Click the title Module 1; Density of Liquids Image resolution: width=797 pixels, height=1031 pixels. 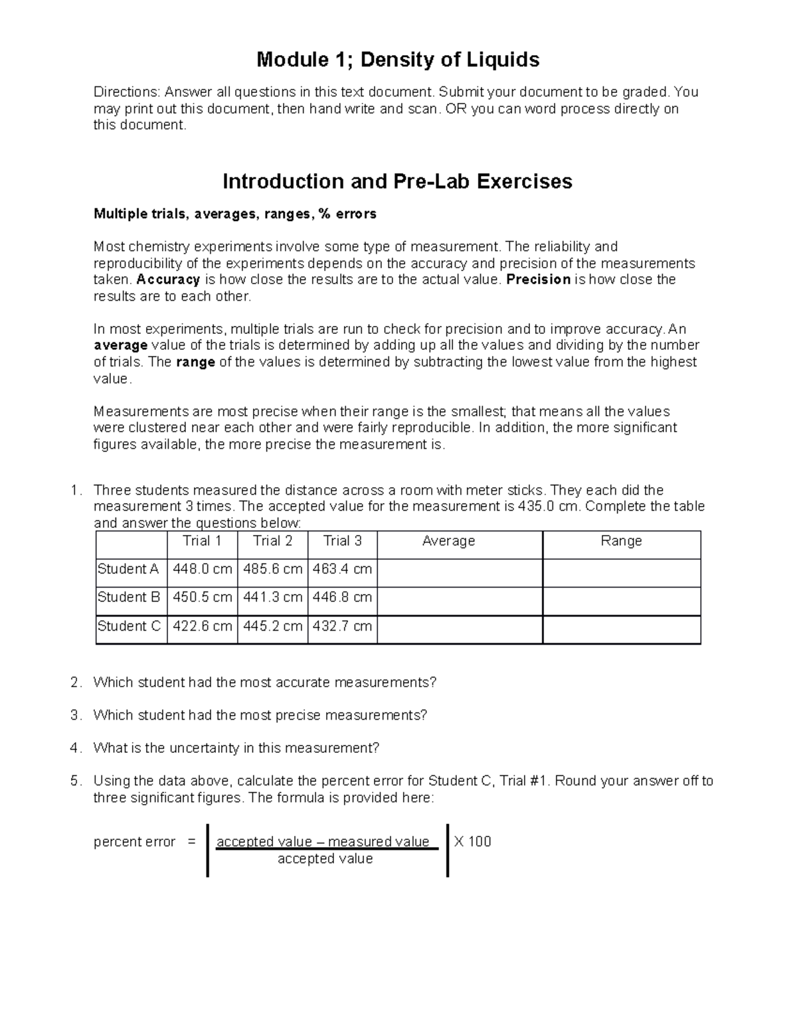coord(398,60)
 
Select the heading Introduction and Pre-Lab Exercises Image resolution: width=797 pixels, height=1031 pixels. coord(397,181)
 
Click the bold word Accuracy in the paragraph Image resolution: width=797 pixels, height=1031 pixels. coord(168,279)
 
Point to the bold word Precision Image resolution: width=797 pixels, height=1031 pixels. coord(538,279)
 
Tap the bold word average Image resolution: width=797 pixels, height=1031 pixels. coord(120,345)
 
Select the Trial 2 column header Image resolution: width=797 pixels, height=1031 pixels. coord(272,541)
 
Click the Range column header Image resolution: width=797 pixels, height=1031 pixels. coord(621,541)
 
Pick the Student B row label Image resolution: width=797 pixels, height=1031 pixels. coord(129,597)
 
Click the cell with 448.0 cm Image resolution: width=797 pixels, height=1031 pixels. coord(203,569)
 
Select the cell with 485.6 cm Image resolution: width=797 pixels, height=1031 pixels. coord(272,569)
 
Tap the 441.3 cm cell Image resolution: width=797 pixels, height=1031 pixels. coord(272,597)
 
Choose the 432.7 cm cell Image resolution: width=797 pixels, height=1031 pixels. coord(342,626)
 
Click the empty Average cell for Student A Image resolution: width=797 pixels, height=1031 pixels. coord(460,572)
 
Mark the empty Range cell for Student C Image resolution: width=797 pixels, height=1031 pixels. coord(621,629)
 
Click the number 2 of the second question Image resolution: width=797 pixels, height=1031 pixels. coord(75,682)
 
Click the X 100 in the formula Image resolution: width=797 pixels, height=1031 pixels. coord(472,842)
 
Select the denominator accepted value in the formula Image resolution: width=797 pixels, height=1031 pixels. coord(325,859)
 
